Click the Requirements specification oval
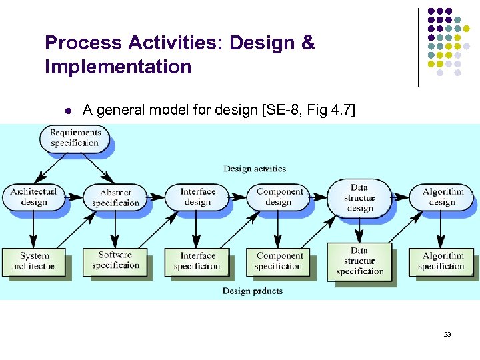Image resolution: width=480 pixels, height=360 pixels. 75,137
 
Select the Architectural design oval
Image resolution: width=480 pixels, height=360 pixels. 34,197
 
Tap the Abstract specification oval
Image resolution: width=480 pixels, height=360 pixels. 115,197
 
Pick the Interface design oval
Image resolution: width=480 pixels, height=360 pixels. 197,197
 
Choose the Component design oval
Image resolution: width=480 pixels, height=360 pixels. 279,197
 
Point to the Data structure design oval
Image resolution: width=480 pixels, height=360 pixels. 360,197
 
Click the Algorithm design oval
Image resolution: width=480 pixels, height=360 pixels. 442,197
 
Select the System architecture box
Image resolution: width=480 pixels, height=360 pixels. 33,261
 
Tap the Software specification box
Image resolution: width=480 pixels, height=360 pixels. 115,260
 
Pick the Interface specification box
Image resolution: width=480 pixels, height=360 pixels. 197,261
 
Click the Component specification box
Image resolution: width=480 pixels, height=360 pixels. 279,261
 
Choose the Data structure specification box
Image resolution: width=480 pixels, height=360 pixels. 360,261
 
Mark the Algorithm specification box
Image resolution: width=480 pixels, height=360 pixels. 442,261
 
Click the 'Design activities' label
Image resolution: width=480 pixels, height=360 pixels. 255,169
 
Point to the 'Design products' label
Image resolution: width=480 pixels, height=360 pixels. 253,291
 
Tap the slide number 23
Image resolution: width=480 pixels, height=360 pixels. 447,334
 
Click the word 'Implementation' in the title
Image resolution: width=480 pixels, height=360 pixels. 118,67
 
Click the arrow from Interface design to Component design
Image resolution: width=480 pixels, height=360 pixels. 239,196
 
